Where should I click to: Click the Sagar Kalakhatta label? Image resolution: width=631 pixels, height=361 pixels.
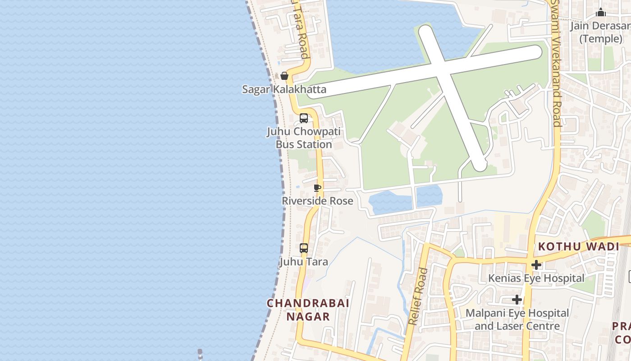click(x=284, y=89)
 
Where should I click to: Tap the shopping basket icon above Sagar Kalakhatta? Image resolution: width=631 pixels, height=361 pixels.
click(x=284, y=76)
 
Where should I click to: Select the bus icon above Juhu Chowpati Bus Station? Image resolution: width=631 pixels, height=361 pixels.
click(x=304, y=118)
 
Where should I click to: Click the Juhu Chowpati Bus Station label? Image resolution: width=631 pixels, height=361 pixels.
click(x=304, y=138)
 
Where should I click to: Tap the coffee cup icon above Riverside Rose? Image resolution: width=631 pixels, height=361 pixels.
click(x=317, y=188)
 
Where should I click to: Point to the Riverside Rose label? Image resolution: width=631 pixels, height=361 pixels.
click(x=317, y=201)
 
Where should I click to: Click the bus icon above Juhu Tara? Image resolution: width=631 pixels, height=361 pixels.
click(x=304, y=248)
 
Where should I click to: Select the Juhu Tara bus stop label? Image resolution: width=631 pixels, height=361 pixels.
click(x=304, y=262)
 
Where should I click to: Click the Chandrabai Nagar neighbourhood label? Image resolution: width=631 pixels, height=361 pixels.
click(x=308, y=310)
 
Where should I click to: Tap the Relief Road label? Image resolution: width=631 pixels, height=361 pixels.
click(x=418, y=296)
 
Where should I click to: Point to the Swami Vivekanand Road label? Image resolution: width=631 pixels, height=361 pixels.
click(x=556, y=63)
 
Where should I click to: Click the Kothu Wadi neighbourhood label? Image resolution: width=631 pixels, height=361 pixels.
click(x=579, y=247)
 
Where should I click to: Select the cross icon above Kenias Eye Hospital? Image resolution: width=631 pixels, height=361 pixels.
click(x=536, y=264)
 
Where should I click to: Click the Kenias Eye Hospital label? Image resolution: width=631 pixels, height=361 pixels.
click(x=536, y=278)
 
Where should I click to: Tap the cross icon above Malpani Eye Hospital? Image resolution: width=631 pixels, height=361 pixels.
click(x=517, y=300)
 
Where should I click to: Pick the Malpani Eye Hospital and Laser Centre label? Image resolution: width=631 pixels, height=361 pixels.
click(x=517, y=319)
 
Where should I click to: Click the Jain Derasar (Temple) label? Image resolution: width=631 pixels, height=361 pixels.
click(x=600, y=32)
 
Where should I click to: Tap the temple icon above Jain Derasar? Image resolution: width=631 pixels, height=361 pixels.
click(x=600, y=13)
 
